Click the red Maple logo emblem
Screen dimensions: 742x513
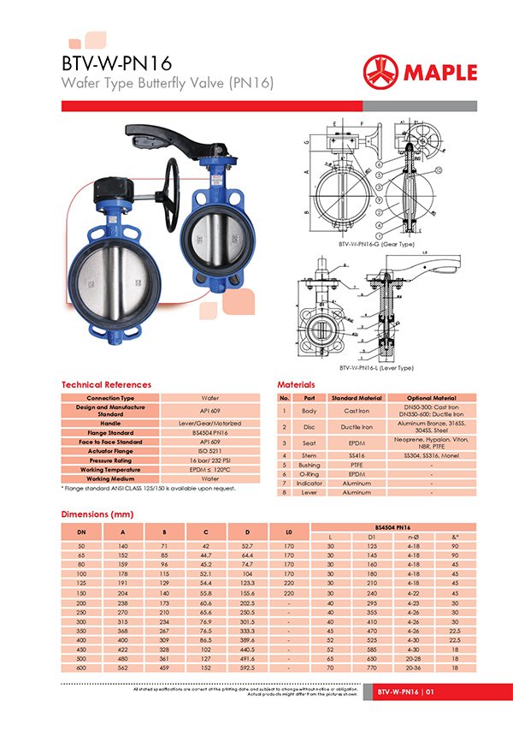click(382, 71)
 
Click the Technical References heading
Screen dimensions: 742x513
click(106, 385)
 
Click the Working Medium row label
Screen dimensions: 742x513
click(110, 478)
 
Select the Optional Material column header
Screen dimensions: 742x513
click(432, 398)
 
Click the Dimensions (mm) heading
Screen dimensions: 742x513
click(98, 514)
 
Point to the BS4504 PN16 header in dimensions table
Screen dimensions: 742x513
click(394, 527)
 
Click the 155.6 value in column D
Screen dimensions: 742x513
click(249, 592)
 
